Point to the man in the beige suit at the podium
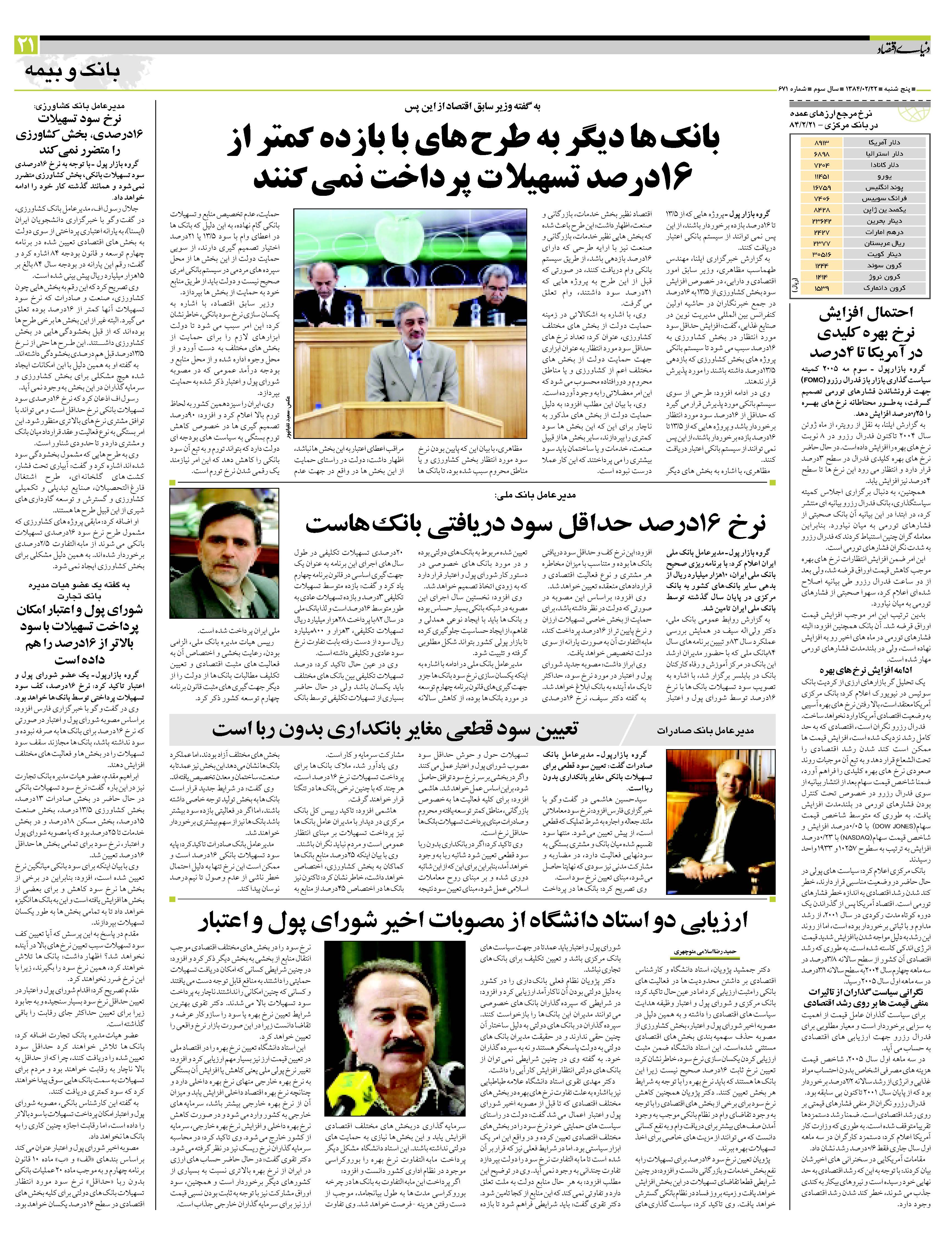point(415,361)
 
